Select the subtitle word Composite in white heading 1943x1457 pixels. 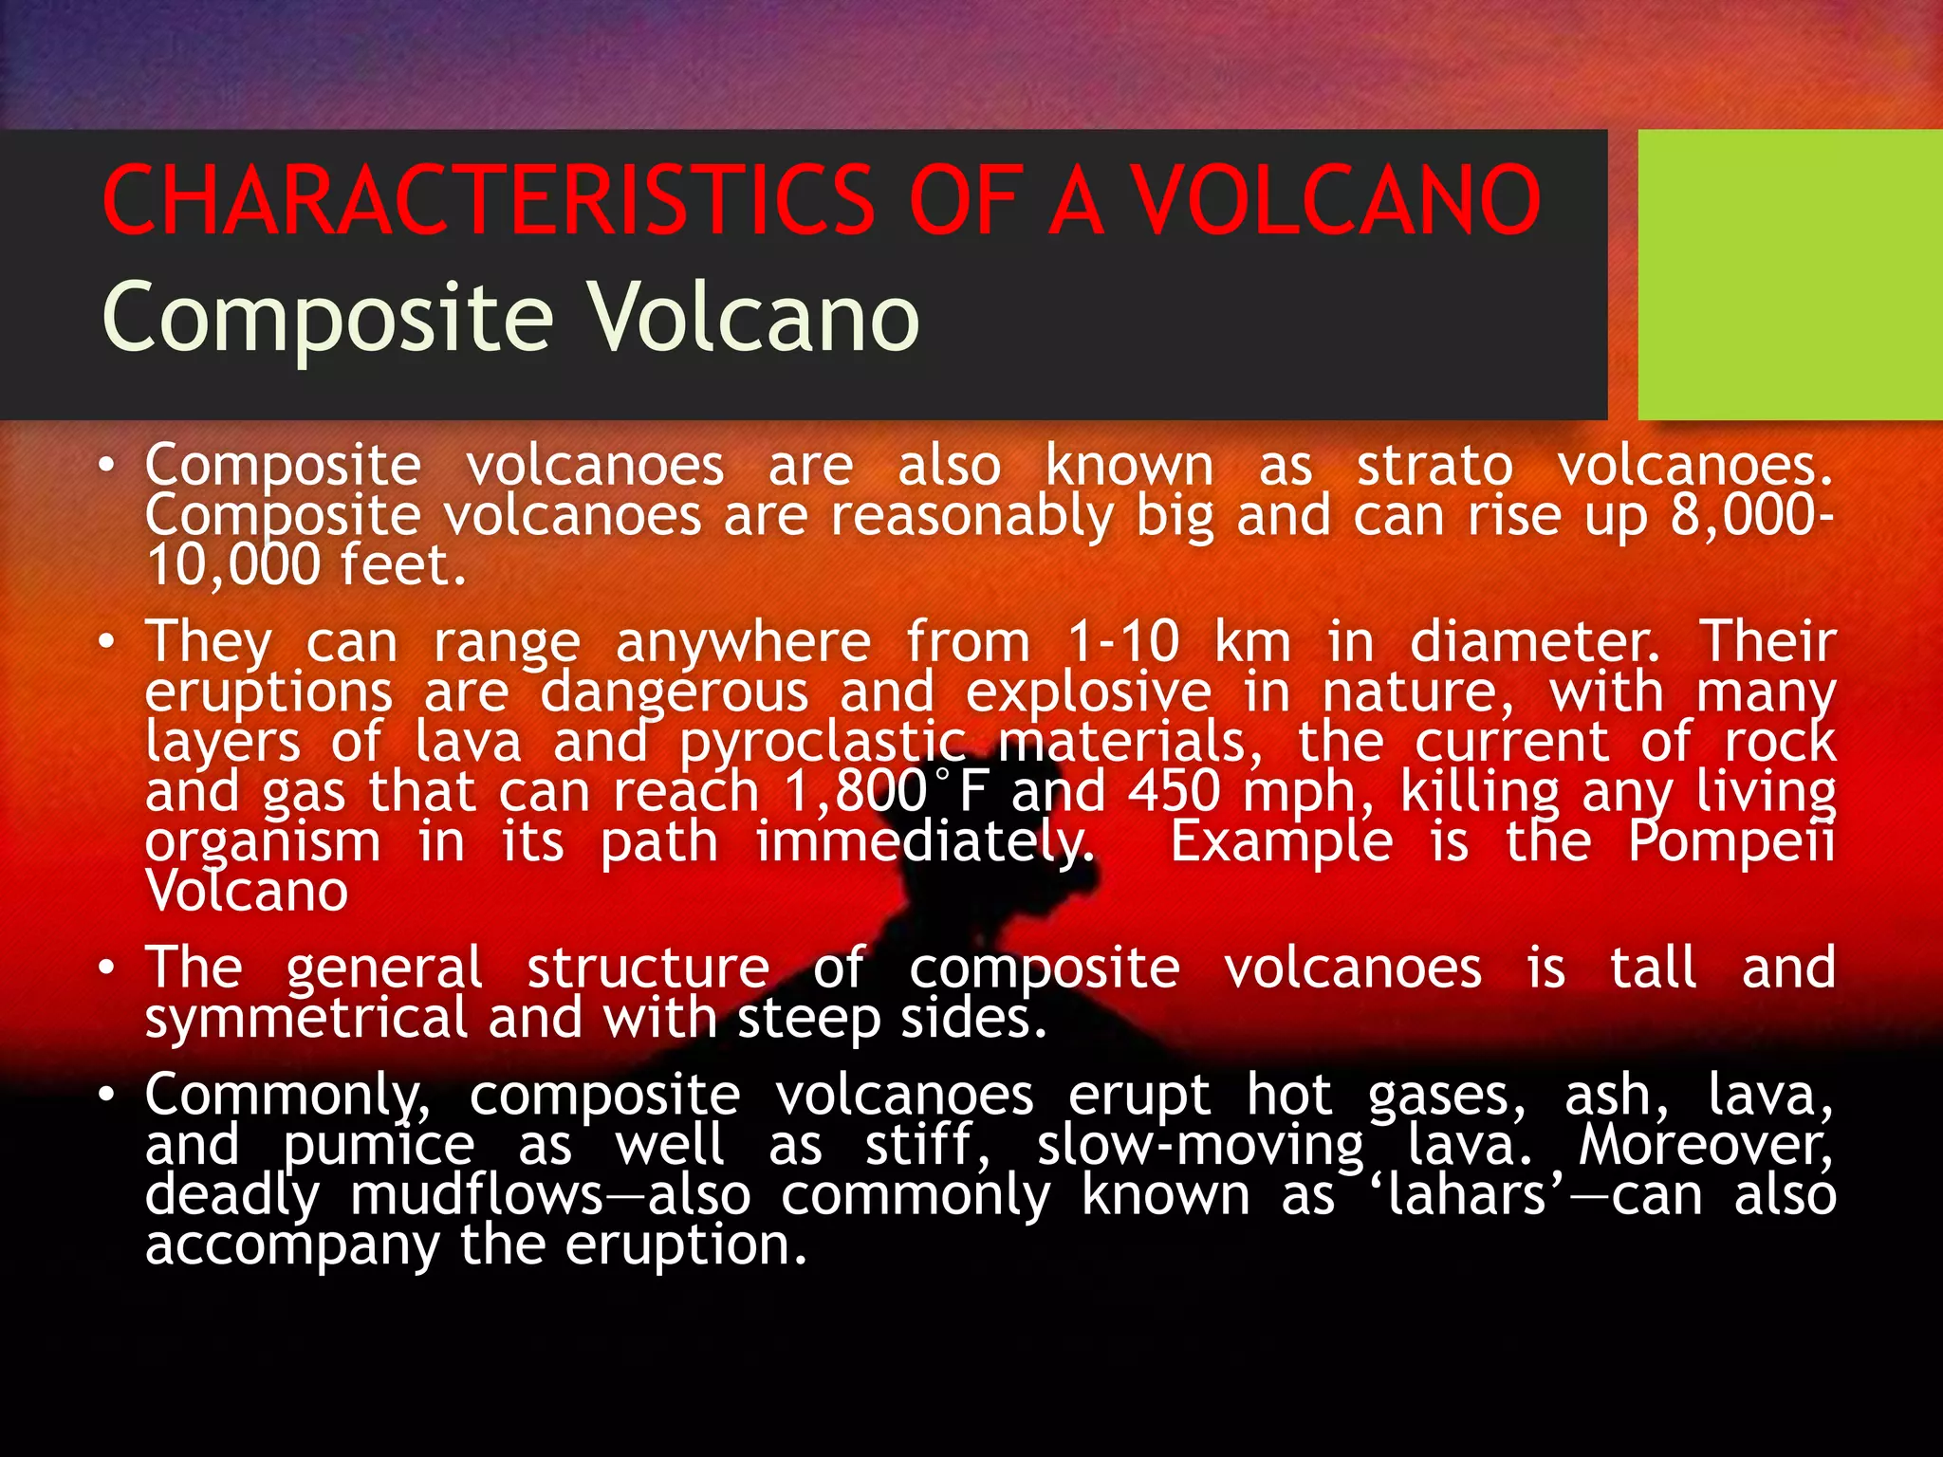tap(327, 318)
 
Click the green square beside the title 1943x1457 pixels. tap(1789, 275)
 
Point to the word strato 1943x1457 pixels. tap(1434, 466)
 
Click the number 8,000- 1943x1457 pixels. tap(1751, 515)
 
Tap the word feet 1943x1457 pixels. tap(402, 565)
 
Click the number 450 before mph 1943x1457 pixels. tap(1175, 791)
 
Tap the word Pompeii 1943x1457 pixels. tap(1731, 841)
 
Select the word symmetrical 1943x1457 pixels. tap(305, 1018)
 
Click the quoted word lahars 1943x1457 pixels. tap(1467, 1194)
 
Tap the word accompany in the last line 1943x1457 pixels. tap(292, 1245)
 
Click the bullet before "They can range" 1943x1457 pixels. tap(107, 642)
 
